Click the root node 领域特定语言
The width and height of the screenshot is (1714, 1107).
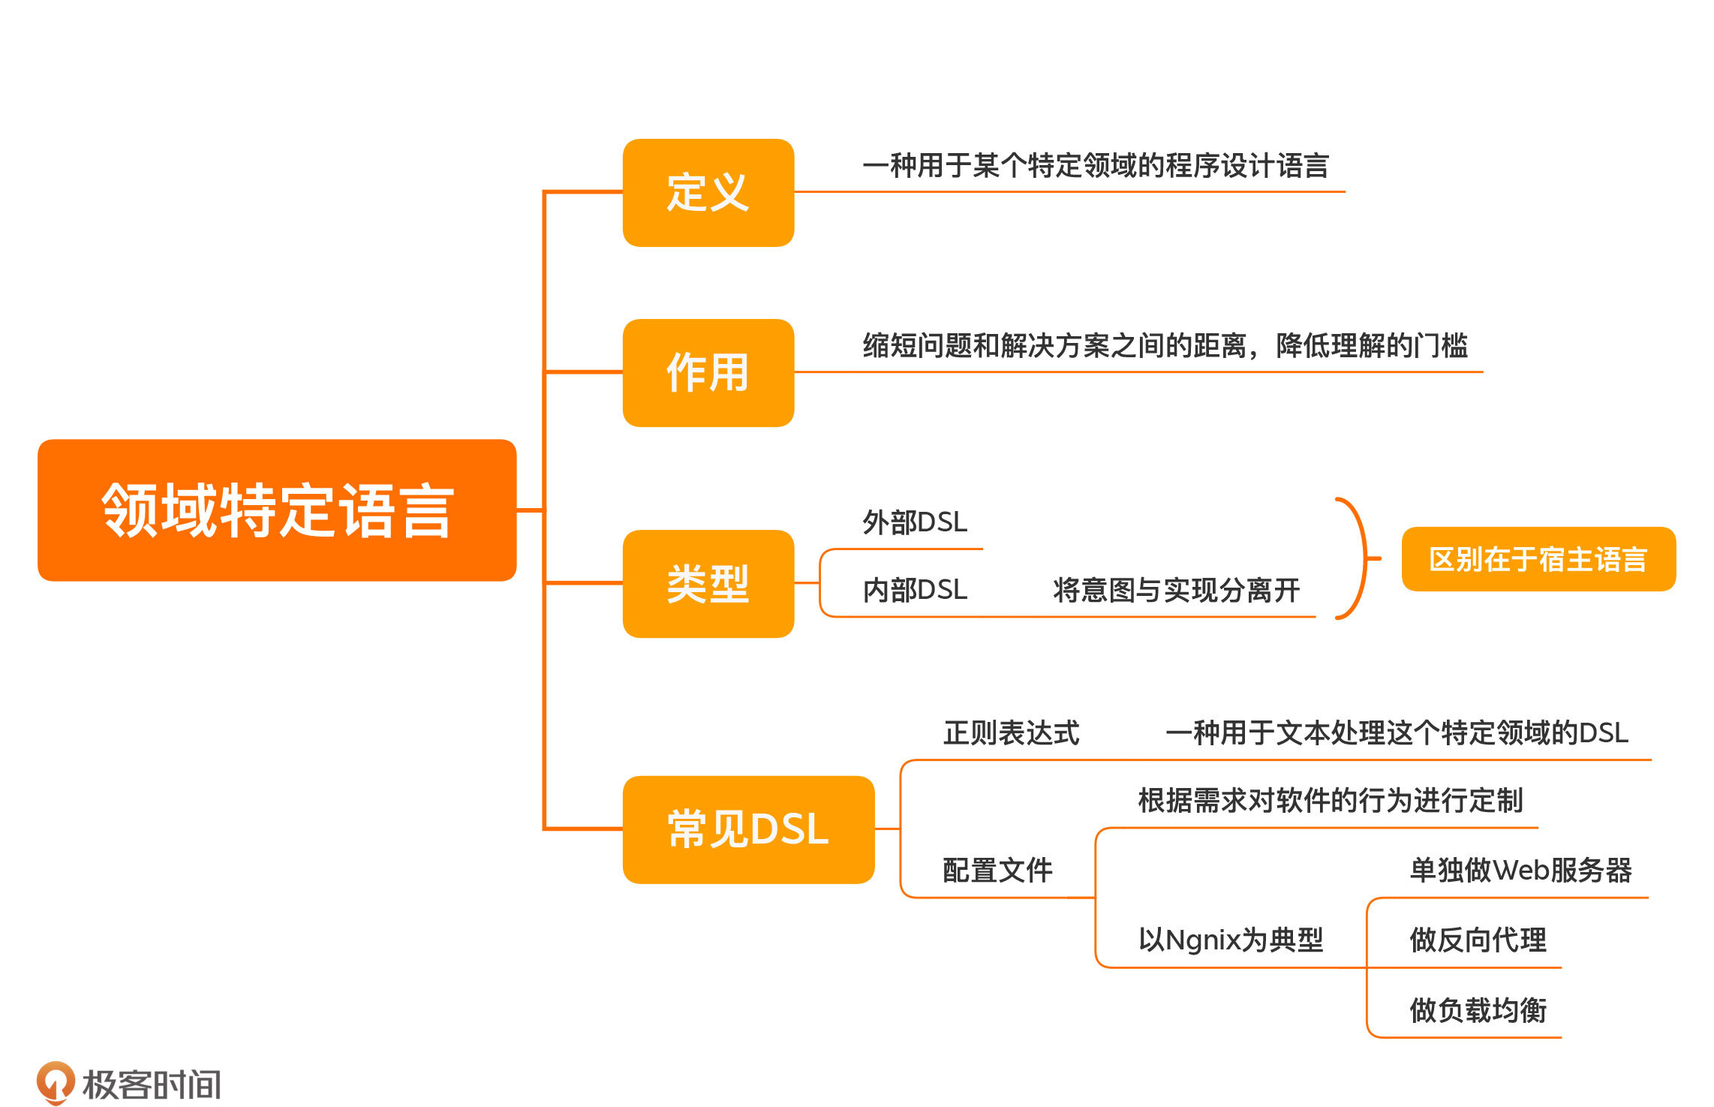277,510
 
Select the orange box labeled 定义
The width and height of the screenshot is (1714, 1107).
708,193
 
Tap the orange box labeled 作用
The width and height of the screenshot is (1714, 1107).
708,373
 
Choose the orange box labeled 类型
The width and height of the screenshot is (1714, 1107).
708,584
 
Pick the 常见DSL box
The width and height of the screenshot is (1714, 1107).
748,829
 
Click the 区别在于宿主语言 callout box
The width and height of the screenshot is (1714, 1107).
1538,559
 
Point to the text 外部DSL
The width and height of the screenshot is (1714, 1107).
915,522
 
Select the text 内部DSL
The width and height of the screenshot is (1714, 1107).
915,590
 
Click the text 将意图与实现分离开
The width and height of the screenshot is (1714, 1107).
1176,590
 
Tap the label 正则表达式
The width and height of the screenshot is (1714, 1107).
1011,733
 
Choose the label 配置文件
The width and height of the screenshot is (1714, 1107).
997,871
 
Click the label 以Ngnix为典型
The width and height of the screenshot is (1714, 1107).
1231,940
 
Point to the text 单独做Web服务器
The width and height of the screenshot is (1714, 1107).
1520,871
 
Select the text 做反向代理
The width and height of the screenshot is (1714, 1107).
1478,940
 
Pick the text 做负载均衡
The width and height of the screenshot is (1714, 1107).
1478,1010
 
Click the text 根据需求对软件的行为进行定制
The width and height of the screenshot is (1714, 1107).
1330,801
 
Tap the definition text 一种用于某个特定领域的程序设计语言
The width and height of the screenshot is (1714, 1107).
1096,166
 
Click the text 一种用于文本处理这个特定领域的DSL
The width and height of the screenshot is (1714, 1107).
1397,733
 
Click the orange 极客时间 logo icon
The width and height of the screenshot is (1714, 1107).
56,1082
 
